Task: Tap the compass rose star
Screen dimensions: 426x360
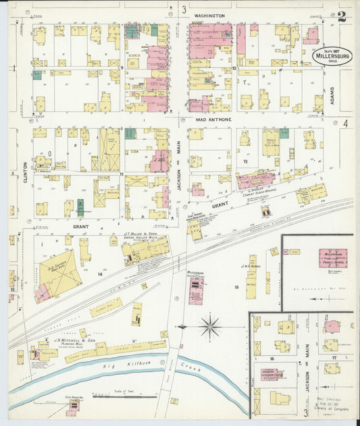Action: pyautogui.click(x=211, y=327)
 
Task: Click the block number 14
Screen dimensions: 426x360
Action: pyautogui.click(x=100, y=274)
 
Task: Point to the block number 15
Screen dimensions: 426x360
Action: pyautogui.click(x=236, y=288)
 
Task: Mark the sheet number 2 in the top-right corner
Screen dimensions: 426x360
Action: pyautogui.click(x=342, y=17)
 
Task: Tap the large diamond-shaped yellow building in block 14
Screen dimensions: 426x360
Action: pyautogui.click(x=59, y=276)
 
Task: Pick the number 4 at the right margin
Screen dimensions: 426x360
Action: pyautogui.click(x=344, y=124)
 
